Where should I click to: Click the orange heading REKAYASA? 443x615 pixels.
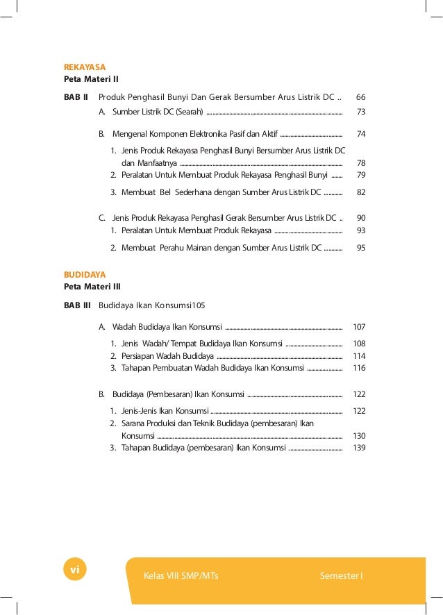[x=85, y=67]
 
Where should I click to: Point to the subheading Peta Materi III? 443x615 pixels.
[x=92, y=287]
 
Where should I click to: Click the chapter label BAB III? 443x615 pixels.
[x=77, y=305]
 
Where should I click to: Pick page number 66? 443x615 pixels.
[x=360, y=97]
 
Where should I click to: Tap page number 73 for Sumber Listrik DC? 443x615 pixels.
[x=360, y=111]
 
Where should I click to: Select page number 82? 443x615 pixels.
[x=360, y=192]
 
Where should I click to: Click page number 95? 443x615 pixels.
[x=360, y=247]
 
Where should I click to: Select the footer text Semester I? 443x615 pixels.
[x=341, y=576]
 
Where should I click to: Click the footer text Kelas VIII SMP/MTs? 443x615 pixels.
[x=181, y=576]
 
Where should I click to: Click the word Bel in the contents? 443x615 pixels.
[x=167, y=192]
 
